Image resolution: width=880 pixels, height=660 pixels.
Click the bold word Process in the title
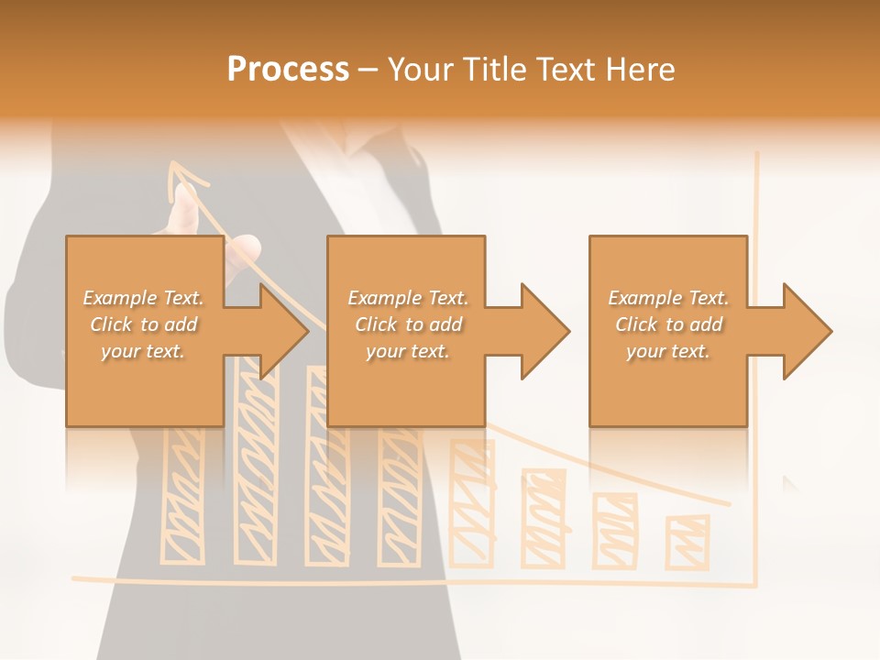(x=288, y=70)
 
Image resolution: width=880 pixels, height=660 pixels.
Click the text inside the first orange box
(x=143, y=324)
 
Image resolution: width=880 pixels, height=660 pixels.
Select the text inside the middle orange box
(x=407, y=324)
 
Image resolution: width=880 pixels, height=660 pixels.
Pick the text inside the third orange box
(x=668, y=324)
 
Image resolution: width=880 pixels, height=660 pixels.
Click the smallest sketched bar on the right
(x=687, y=541)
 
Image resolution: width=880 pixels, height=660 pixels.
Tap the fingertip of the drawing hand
(x=186, y=194)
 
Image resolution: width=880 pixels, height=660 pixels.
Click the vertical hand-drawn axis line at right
(x=757, y=367)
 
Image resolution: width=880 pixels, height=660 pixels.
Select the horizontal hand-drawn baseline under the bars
(x=412, y=580)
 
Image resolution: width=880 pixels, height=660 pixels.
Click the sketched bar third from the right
(x=544, y=518)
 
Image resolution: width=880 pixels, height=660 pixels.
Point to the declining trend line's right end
(x=728, y=503)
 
